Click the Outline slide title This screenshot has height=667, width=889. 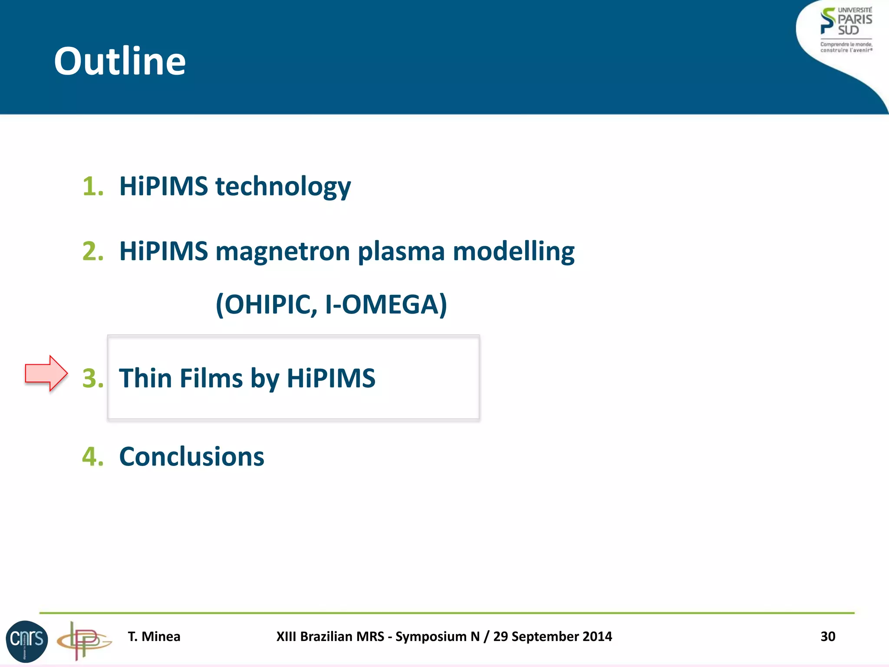[x=120, y=61]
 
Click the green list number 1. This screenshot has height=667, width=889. [x=93, y=186]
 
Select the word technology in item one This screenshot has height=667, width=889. [x=283, y=187]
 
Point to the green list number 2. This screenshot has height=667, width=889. [x=93, y=251]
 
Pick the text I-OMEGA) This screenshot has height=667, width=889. [x=386, y=305]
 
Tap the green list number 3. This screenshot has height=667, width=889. [x=93, y=378]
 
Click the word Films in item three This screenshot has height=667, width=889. [x=211, y=378]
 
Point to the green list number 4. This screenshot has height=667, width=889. [x=93, y=457]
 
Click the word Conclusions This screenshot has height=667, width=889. [x=191, y=457]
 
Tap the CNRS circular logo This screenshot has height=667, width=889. [x=26, y=641]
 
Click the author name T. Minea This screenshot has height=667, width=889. [x=154, y=637]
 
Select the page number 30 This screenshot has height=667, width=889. [x=828, y=637]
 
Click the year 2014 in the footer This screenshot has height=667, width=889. [x=597, y=637]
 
